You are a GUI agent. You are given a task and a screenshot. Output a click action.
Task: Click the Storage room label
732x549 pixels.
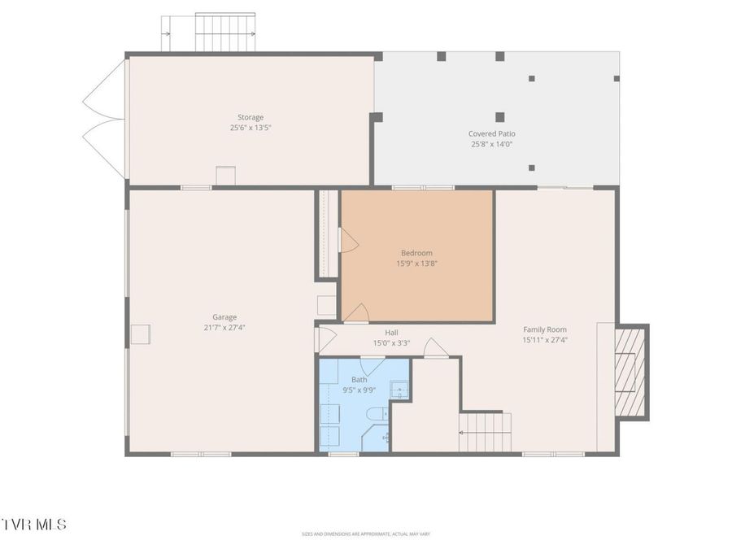[250, 117]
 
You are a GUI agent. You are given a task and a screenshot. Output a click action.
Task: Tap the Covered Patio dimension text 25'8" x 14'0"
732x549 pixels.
[491, 144]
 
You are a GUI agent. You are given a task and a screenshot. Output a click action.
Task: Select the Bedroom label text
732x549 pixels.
[416, 253]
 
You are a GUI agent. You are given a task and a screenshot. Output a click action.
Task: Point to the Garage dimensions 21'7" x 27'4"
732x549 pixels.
[225, 328]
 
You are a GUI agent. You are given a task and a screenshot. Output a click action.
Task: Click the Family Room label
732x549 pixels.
[544, 329]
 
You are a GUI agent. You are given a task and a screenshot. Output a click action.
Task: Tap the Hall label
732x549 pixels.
[391, 333]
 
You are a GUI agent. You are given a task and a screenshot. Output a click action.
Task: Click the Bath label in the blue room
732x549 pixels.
[359, 380]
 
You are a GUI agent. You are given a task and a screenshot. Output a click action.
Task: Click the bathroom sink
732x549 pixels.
[399, 390]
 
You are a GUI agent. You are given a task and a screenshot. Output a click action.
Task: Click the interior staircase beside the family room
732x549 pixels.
[486, 432]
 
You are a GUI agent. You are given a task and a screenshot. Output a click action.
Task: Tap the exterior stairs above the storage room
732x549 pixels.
[224, 33]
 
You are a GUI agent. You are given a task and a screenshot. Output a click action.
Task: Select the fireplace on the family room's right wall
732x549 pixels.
[630, 372]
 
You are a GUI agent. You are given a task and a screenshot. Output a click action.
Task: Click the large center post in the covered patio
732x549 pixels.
[499, 117]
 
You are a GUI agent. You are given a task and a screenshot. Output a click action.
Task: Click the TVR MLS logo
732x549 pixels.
[34, 525]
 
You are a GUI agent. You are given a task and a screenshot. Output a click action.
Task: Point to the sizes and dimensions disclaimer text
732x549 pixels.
[365, 534]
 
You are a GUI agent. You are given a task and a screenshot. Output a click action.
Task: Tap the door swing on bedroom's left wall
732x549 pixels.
[348, 240]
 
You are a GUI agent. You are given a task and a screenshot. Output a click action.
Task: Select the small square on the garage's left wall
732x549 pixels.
[141, 334]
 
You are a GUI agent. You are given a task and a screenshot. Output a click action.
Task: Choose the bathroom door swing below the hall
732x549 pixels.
[360, 367]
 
